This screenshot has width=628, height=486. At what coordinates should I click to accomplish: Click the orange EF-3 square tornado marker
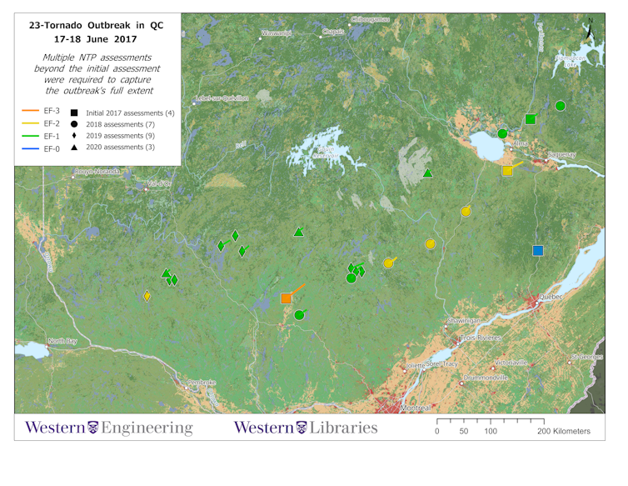287,298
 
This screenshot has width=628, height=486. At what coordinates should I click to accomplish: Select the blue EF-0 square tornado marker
538,250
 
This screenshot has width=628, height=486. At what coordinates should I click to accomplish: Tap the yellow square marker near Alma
507,171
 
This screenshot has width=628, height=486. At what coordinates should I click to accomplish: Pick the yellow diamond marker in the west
147,296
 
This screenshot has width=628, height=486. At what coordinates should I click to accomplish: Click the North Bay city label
62,341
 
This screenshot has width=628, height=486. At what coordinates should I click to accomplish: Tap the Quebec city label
551,297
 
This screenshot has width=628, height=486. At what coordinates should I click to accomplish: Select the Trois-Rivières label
481,338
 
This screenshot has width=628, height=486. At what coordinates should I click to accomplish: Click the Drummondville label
486,378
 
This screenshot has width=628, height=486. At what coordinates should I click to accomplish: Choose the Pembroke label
201,383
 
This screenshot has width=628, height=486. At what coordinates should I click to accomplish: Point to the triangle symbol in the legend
74,148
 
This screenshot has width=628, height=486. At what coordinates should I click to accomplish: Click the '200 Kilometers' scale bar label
564,431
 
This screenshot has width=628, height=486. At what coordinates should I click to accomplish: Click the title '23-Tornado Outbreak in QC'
96,26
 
